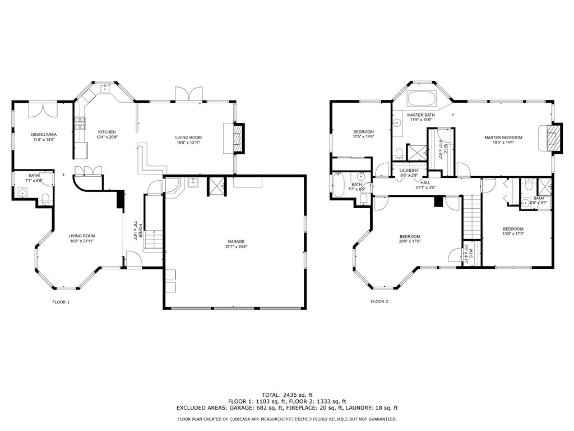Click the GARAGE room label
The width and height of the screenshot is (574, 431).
tap(236, 241)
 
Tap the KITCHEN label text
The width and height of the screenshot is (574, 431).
tap(107, 132)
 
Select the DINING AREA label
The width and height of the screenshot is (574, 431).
tap(43, 135)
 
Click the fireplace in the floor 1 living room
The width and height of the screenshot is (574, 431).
tap(238, 137)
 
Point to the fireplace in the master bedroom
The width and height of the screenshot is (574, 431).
tap(553, 137)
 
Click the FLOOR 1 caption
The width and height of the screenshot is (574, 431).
tap(61, 302)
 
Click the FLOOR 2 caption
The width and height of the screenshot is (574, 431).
tap(379, 301)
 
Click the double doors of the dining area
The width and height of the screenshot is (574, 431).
tap(43, 108)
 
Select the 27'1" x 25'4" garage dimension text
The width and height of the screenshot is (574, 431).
tap(236, 246)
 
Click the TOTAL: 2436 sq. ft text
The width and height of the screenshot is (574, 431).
tap(287, 395)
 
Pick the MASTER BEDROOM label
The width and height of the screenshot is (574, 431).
tap(503, 137)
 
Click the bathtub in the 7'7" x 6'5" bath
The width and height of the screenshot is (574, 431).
tap(339, 185)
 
